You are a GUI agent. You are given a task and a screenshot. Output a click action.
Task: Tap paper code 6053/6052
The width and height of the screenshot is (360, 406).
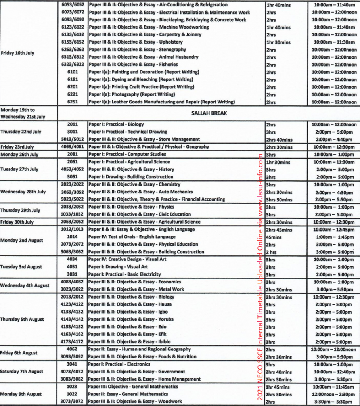pyautogui.click(x=73, y=5)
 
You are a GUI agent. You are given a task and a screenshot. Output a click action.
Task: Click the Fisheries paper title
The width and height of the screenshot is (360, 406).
pyautogui.click(x=133, y=65)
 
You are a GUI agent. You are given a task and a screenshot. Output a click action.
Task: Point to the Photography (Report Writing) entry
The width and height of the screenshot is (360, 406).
pyautogui.click(x=132, y=94)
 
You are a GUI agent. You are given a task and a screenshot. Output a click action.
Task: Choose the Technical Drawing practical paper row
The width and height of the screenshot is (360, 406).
pyautogui.click(x=128, y=132)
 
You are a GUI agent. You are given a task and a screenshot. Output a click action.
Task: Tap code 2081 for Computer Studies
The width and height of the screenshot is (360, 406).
pyautogui.click(x=72, y=154)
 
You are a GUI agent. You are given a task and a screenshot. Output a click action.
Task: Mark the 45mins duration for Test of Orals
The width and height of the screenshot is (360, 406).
pyautogui.click(x=274, y=237)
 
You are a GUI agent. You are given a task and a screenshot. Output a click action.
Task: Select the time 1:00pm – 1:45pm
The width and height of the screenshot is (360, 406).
pyautogui.click(x=333, y=237)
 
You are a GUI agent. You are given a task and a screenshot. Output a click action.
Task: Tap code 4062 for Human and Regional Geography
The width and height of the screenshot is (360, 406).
pyautogui.click(x=72, y=349)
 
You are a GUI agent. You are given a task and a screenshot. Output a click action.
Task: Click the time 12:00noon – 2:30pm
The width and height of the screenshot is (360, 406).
pyautogui.click(x=333, y=394)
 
